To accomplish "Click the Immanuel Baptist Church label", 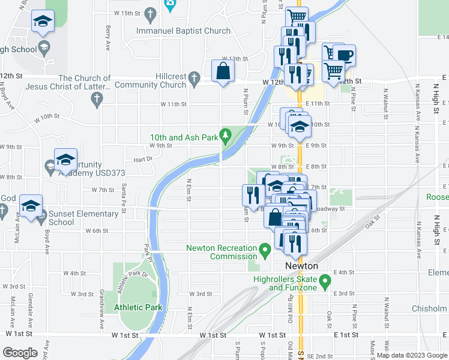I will tap(183, 31).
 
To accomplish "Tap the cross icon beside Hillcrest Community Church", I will tap(193, 78).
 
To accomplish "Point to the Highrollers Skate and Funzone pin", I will tap(325, 280).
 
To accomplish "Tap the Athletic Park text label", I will tap(138, 307).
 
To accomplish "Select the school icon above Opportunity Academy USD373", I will tap(65, 160).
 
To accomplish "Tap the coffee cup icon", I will tap(345, 56).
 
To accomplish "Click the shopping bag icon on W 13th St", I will tap(223, 70).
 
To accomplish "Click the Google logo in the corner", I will tap(20, 353).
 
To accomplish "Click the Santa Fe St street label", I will tap(124, 193).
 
